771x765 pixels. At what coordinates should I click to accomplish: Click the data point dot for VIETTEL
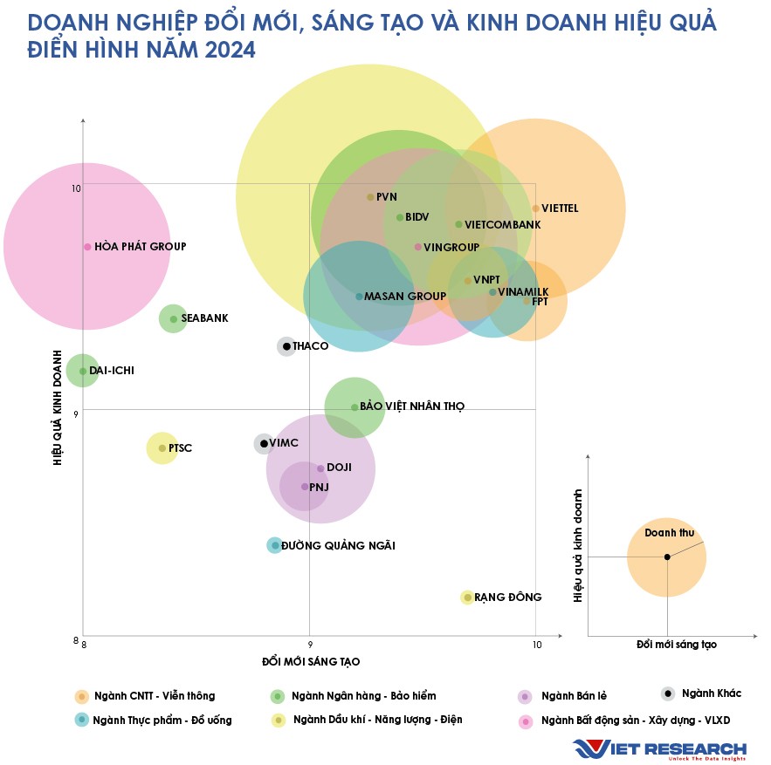coord(536,208)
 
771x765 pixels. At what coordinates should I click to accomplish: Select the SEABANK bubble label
coord(203,318)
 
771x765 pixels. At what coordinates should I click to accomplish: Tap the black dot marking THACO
coord(286,346)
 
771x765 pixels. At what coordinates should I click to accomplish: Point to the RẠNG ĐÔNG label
coord(507,598)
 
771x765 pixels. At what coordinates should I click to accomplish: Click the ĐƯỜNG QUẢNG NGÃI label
coord(338,546)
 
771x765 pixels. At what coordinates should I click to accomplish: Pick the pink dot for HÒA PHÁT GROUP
coord(87,247)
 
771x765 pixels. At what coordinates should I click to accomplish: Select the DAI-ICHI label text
coord(111,371)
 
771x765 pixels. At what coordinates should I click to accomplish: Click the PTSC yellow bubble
coord(162,448)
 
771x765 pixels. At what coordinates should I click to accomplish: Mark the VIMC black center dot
coord(265,444)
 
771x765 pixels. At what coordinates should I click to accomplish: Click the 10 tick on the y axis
coord(76,188)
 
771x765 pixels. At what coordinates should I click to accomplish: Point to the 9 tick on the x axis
coord(309,645)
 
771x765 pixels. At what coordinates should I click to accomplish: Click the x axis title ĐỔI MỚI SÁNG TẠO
coord(311,662)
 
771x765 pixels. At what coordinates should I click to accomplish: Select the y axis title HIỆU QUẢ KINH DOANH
coord(58,408)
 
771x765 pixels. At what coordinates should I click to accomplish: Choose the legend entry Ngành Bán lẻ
coord(574,696)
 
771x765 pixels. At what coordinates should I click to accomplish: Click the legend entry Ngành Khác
coord(711,693)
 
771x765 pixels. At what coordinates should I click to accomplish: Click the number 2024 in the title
coord(230,51)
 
